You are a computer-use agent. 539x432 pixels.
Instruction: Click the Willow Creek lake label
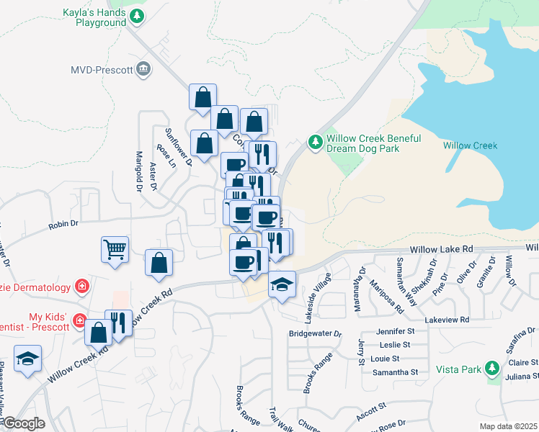(x=470, y=145)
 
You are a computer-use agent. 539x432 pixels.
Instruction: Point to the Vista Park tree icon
(x=492, y=369)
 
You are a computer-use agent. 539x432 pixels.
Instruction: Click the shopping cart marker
(x=115, y=250)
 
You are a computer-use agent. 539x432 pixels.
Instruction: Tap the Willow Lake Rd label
(x=441, y=248)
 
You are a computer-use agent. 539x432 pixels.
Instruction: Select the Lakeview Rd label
(x=447, y=319)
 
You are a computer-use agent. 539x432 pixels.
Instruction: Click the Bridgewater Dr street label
(x=315, y=333)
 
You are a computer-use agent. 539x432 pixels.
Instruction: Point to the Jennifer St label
(x=396, y=331)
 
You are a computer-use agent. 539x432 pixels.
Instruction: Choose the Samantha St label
(x=394, y=372)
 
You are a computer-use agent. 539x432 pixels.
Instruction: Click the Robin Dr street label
(x=63, y=225)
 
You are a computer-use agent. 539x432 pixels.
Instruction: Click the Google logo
(x=23, y=423)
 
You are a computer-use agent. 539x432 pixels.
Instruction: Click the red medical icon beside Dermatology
(x=82, y=287)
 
